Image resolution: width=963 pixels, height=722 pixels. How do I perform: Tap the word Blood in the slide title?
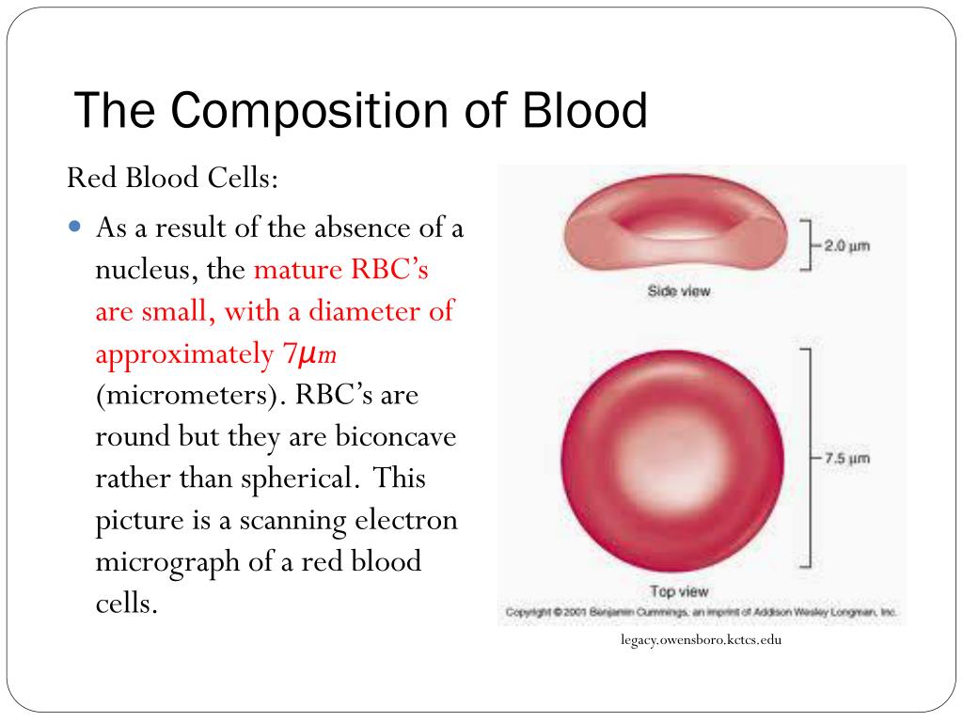click(x=585, y=110)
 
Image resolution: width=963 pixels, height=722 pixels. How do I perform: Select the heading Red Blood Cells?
click(x=173, y=178)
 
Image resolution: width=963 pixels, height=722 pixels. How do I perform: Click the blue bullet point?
click(x=75, y=227)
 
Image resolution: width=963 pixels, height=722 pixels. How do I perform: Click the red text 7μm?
click(x=308, y=354)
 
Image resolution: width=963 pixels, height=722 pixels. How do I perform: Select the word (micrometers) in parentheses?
click(x=191, y=395)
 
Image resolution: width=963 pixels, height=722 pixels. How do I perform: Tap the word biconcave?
click(x=396, y=436)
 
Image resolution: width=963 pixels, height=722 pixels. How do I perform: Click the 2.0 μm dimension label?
click(x=847, y=246)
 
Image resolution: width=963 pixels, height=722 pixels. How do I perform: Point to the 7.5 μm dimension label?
click(x=847, y=459)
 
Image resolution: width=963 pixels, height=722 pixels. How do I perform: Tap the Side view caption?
click(x=679, y=291)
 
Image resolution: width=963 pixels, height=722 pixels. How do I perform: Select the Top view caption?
click(x=679, y=591)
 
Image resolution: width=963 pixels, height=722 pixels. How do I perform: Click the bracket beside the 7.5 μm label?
click(x=810, y=458)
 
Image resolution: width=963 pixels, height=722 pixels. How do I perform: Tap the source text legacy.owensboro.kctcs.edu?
click(x=701, y=639)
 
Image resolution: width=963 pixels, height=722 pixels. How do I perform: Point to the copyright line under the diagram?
click(x=701, y=612)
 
